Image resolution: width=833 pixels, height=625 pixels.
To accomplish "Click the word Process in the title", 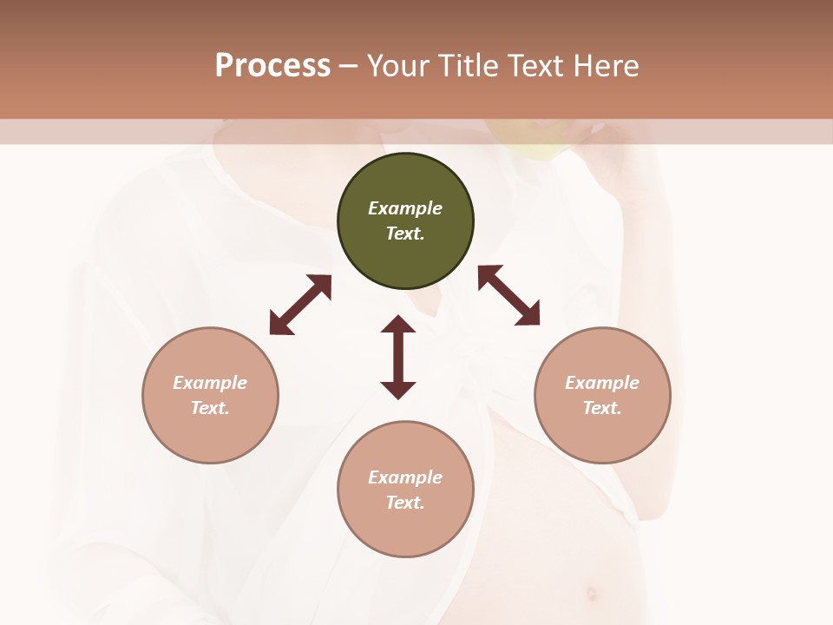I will coord(272,66).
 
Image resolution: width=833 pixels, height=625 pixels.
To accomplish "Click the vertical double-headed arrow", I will coord(398,357).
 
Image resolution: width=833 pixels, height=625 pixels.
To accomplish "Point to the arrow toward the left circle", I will coord(300,305).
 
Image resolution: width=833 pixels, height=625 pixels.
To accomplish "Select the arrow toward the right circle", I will coord(509,295).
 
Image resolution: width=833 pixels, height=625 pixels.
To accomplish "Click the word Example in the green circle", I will coord(405,208).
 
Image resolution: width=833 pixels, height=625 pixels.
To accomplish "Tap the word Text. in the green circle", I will coord(405,234).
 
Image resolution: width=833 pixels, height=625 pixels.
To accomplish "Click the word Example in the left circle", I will coord(210,383).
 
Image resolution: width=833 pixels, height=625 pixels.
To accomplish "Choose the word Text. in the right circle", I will coord(602,408).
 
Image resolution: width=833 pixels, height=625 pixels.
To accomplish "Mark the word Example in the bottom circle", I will coord(405,477).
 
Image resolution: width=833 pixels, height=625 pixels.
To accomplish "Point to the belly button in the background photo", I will coord(592,595).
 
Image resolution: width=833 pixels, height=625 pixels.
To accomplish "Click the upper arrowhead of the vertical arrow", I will coord(398,325).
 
